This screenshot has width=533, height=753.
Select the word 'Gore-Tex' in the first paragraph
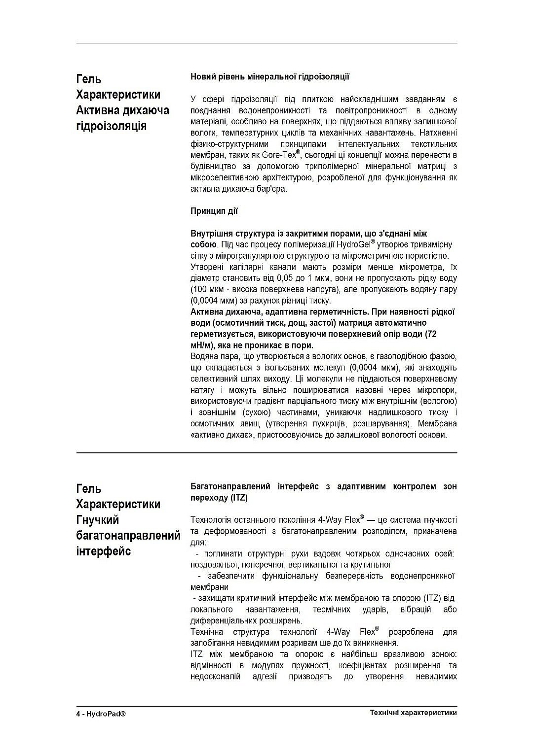click(x=280, y=155)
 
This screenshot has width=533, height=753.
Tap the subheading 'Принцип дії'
click(x=214, y=211)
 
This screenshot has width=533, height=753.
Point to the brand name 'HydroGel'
click(x=353, y=245)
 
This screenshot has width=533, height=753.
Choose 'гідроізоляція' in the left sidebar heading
click(x=112, y=126)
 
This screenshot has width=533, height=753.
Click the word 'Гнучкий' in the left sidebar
click(x=98, y=520)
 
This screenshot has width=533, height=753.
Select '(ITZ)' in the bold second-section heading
click(x=239, y=498)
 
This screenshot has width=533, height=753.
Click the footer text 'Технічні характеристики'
click(x=414, y=713)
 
